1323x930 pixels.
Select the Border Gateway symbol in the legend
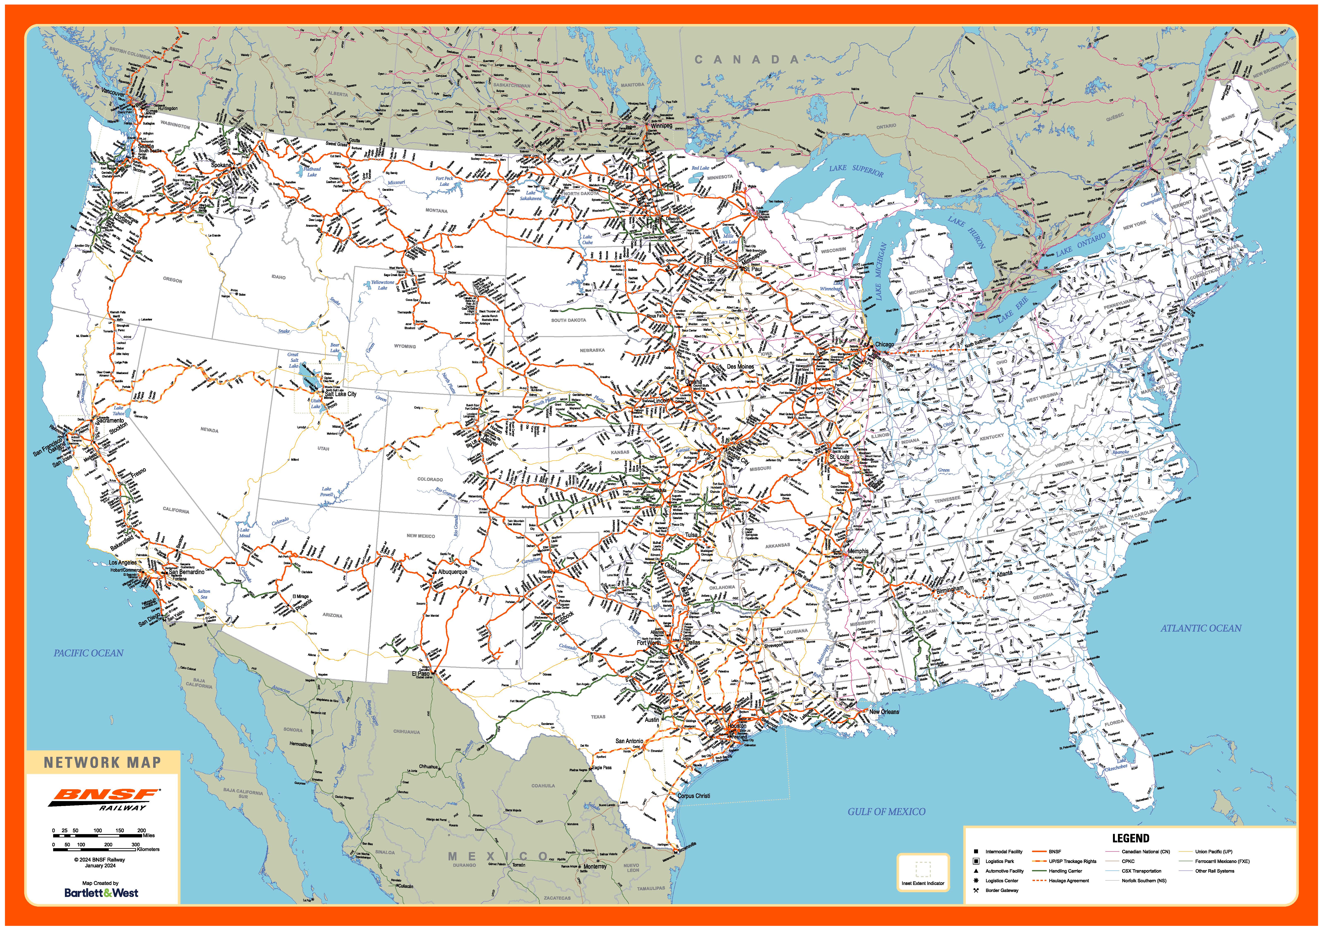pos(976,890)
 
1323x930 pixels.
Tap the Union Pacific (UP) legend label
pos(1213,852)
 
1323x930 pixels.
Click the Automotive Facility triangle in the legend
pos(976,871)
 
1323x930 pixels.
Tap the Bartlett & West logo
pos(101,893)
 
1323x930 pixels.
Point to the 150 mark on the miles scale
pos(119,830)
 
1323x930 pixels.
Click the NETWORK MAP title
pos(103,762)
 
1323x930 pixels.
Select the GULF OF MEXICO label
pos(886,812)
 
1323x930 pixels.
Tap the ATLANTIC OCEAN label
pos(1201,628)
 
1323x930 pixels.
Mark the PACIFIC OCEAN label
pos(89,653)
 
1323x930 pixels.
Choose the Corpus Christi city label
pos(694,796)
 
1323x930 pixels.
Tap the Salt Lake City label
pos(340,394)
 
